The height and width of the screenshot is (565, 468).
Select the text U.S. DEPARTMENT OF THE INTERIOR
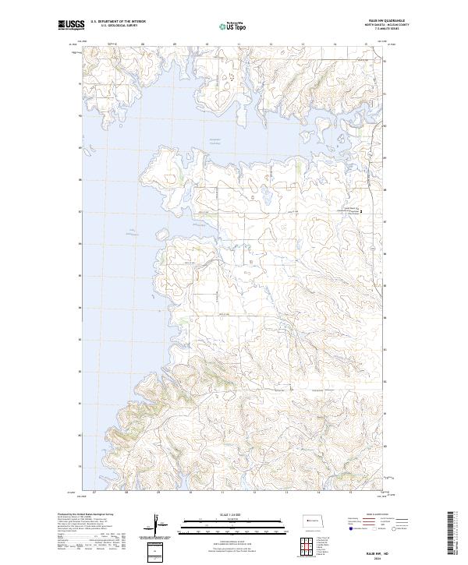click(119, 22)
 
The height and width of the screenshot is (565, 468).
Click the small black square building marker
click(360, 210)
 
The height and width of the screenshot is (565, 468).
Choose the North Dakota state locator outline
click(314, 520)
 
